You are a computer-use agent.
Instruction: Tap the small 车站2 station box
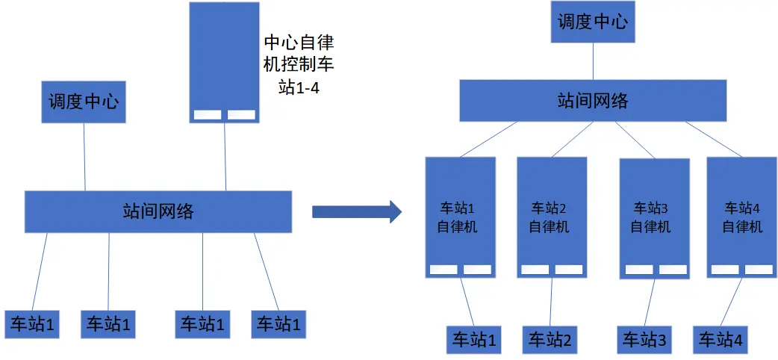pyautogui.click(x=550, y=341)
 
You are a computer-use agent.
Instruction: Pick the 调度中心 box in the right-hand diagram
pyautogui.click(x=594, y=21)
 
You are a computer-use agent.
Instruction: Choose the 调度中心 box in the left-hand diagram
pyautogui.click(x=83, y=102)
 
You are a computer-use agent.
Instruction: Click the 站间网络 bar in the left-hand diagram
pyautogui.click(x=158, y=211)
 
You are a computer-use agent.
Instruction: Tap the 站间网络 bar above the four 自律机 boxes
pyautogui.click(x=593, y=101)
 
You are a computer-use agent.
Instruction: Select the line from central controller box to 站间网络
pyautogui.click(x=225, y=157)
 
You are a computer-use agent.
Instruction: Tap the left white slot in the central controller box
pyautogui.click(x=208, y=115)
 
